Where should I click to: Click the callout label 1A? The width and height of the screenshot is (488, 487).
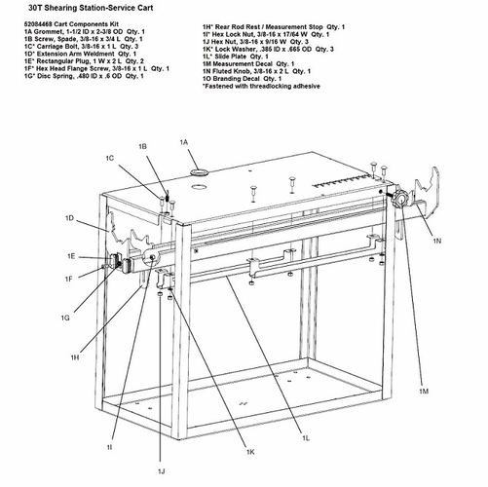pos(184,142)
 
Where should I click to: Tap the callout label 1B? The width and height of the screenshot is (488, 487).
pos(142,147)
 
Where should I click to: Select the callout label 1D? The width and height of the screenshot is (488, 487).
pos(70,218)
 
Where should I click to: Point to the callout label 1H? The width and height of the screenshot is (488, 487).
pos(75,357)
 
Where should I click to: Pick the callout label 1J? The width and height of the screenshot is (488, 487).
pos(162,471)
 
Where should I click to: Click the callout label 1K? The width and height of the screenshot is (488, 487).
pos(250,452)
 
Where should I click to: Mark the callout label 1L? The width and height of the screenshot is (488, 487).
pos(306,438)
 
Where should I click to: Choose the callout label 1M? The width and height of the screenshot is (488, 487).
pos(424,392)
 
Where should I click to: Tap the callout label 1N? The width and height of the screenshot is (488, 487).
pos(437,241)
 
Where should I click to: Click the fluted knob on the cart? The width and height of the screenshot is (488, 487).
pos(399,199)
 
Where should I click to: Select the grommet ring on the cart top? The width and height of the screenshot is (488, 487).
pos(200,171)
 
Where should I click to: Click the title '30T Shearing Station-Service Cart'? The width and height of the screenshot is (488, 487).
pos(91,8)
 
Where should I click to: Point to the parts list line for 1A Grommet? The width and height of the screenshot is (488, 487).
pos(85,31)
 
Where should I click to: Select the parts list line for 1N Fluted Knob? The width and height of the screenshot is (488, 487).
pos(256,71)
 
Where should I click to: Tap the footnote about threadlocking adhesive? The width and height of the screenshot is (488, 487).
pos(261,86)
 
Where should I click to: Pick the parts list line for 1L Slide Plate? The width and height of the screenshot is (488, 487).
pos(236,56)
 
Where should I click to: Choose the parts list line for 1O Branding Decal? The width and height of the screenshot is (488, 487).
pos(242,79)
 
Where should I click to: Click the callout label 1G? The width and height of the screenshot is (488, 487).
pos(65,318)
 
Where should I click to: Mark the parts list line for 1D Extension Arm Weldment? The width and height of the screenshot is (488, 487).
pos(80,54)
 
